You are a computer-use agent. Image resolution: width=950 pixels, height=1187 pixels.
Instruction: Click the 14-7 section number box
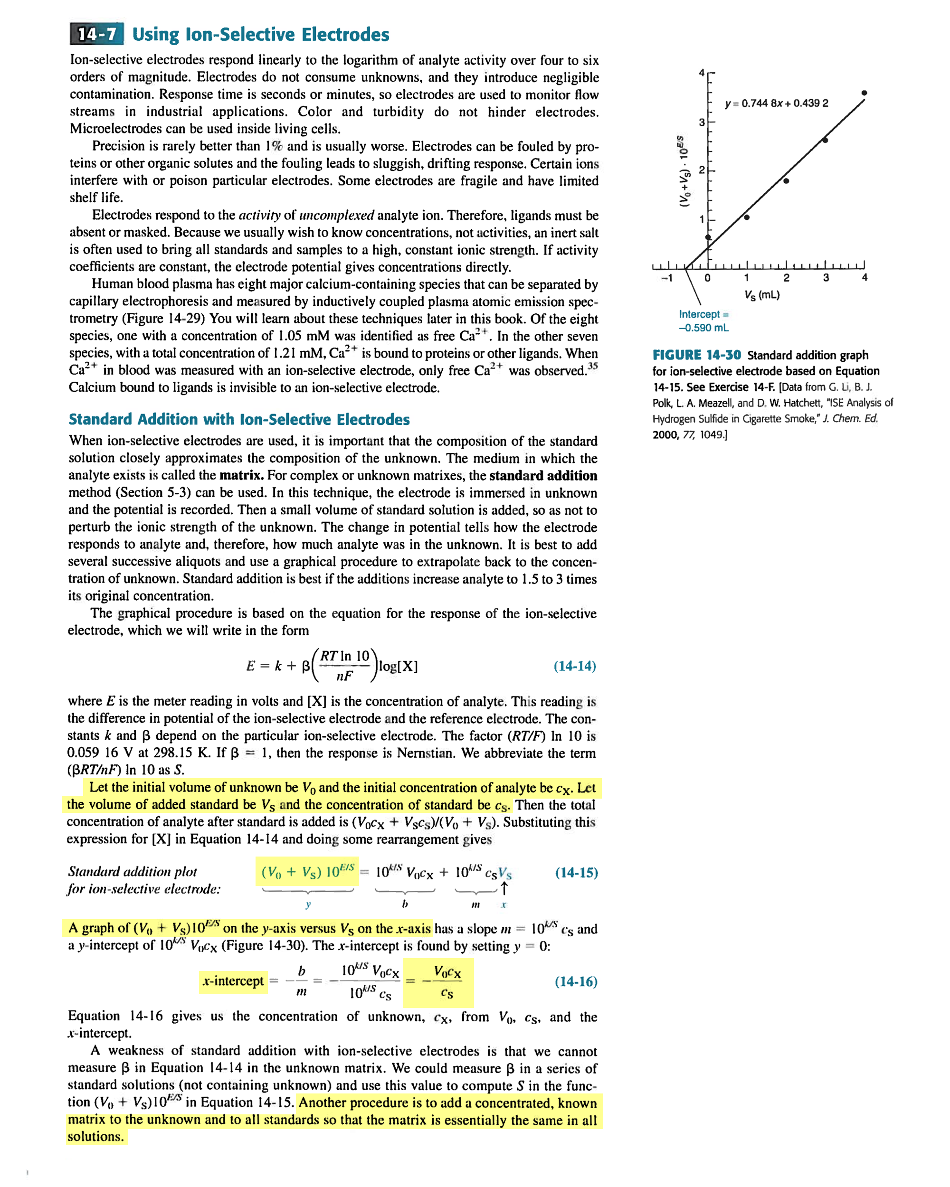tap(97, 34)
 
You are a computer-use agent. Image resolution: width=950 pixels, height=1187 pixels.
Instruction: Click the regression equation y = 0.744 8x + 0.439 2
tap(777, 103)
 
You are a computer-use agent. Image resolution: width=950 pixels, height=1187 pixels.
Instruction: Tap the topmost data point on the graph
tap(864, 93)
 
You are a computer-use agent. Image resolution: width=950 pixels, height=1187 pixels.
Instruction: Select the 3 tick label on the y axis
tap(702, 122)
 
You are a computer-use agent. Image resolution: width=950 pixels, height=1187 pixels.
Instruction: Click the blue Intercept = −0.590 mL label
tap(703, 320)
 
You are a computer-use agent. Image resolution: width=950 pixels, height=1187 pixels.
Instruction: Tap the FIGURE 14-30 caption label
tap(697, 355)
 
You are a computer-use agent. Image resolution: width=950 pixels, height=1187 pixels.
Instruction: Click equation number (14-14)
tap(574, 666)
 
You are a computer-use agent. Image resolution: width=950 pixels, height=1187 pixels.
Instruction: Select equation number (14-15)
tap(576, 873)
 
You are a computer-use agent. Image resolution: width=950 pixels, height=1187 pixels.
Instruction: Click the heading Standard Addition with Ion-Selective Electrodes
tap(239, 420)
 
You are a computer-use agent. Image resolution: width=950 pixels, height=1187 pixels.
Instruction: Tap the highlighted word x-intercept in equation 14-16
tap(233, 981)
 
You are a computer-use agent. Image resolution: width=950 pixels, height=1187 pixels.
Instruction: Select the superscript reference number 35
tap(593, 366)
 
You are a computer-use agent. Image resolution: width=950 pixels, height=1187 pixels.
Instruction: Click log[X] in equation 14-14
tap(398, 666)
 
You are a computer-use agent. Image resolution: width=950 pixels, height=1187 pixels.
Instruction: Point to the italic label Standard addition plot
tap(132, 872)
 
